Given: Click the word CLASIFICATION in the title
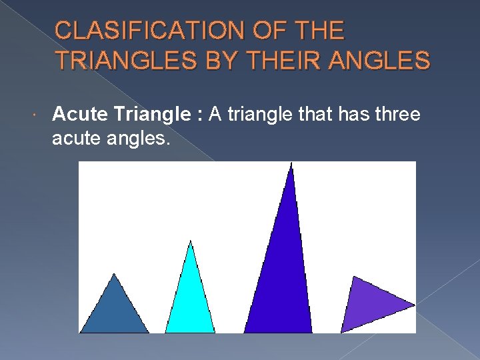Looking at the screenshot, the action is (x=150, y=30).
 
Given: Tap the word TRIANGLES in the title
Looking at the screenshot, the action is (x=126, y=60).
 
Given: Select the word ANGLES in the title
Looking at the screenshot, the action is (x=379, y=60).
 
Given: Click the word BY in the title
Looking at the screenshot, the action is (x=221, y=60).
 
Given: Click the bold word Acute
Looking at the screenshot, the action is (x=80, y=114).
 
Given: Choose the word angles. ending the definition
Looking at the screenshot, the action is (x=138, y=139).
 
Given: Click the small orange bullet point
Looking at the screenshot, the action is (x=34, y=115).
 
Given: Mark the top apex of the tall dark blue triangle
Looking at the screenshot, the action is (x=291, y=163).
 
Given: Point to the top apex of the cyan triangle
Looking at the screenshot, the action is (x=191, y=241).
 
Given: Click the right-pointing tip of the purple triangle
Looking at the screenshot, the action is (x=415, y=305).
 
